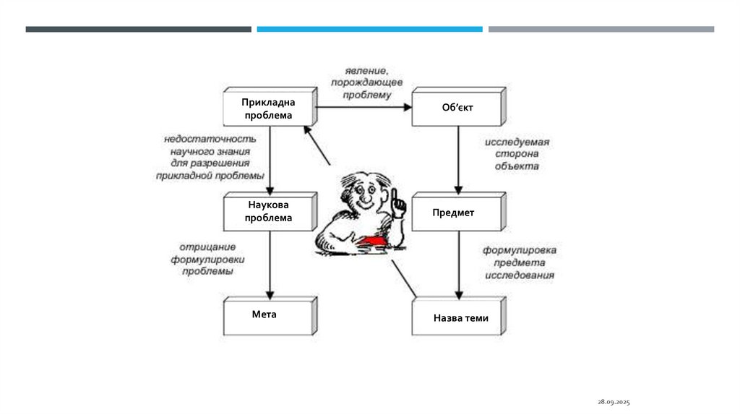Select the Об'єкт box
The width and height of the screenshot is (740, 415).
(456, 108)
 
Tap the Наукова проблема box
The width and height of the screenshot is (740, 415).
(268, 211)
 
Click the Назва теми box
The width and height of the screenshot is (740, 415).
(460, 317)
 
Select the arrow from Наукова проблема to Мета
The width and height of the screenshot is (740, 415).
(268, 263)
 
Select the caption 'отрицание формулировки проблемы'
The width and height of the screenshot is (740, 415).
(207, 259)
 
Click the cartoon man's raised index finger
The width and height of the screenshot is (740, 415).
(396, 195)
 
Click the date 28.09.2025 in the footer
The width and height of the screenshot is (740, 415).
(614, 401)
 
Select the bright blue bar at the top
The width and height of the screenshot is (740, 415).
(369, 29)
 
